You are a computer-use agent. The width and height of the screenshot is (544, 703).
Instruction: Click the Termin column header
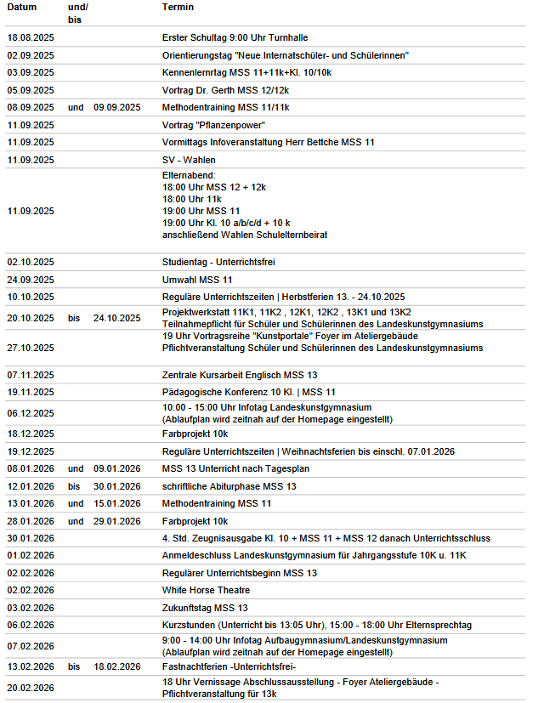(178, 7)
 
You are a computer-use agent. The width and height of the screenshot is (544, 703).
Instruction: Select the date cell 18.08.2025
(31, 38)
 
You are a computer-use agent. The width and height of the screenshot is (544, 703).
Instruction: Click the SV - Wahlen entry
(188, 160)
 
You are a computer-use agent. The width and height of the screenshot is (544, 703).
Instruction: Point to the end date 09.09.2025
(116, 107)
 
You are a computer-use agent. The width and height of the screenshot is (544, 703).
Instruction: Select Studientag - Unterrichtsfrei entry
(218, 262)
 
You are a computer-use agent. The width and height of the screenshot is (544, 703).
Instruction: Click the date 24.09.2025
(31, 280)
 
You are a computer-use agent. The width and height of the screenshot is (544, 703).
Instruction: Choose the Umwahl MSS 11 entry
(197, 280)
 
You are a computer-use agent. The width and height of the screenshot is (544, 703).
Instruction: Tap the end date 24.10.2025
(116, 318)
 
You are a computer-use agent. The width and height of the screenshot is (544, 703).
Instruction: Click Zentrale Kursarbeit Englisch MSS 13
(240, 375)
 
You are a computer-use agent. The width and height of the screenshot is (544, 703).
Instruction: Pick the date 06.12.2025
(31, 413)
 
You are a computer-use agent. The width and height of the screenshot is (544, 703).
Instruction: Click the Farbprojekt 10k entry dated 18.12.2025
(195, 434)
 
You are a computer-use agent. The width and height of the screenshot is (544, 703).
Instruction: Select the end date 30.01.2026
(116, 486)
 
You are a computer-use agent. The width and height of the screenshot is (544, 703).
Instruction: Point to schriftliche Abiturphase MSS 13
(229, 486)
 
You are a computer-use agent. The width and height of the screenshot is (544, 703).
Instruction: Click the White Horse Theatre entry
(206, 590)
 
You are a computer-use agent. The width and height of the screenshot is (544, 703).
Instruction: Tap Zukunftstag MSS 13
(205, 608)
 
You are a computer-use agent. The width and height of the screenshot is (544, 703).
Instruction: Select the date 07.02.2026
(31, 646)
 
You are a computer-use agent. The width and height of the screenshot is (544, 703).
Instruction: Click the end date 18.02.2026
(116, 666)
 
